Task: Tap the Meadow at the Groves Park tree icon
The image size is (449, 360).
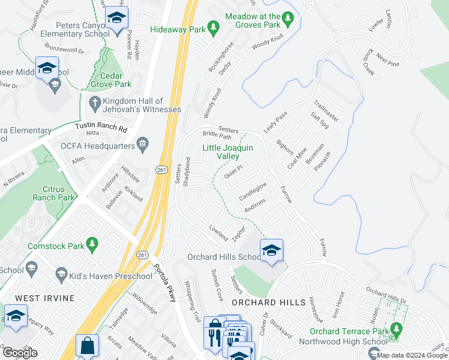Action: tap(289, 20)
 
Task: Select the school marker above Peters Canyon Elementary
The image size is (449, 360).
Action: tap(116, 19)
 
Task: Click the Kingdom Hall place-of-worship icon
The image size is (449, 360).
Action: tap(95, 103)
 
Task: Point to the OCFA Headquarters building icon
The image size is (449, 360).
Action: tap(142, 143)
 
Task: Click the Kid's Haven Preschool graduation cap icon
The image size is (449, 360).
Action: tap(61, 275)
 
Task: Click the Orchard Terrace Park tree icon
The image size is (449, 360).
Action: tap(396, 329)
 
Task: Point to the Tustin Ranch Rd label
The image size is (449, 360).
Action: tap(102, 127)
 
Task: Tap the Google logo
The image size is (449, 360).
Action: tap(20, 353)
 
